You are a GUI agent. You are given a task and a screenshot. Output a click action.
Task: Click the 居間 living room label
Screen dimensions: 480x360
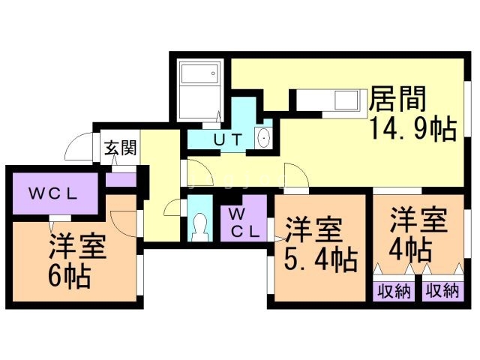coord(397,98)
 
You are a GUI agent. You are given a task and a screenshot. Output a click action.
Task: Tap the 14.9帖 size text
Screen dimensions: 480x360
coord(413,129)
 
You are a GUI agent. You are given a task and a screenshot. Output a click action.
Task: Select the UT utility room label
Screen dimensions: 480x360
coord(228,140)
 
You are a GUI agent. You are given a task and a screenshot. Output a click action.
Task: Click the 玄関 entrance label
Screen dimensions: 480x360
coord(120,148)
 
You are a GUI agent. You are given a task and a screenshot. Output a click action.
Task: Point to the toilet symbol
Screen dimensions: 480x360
coord(199,227)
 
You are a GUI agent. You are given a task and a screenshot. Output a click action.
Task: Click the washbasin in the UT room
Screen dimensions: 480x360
coord(263,138)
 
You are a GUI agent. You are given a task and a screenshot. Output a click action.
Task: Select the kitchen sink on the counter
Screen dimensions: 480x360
coord(346,100)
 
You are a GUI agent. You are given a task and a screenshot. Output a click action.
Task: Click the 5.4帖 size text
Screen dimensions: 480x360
coord(321,260)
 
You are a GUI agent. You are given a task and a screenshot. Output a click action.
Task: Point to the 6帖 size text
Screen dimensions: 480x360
coord(70,277)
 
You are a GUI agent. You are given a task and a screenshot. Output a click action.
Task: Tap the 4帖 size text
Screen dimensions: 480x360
coord(410,250)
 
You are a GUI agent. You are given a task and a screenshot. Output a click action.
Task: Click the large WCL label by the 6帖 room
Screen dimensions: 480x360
coord(52,193)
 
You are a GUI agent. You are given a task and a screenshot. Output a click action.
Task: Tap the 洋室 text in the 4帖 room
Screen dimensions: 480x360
coord(418,220)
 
